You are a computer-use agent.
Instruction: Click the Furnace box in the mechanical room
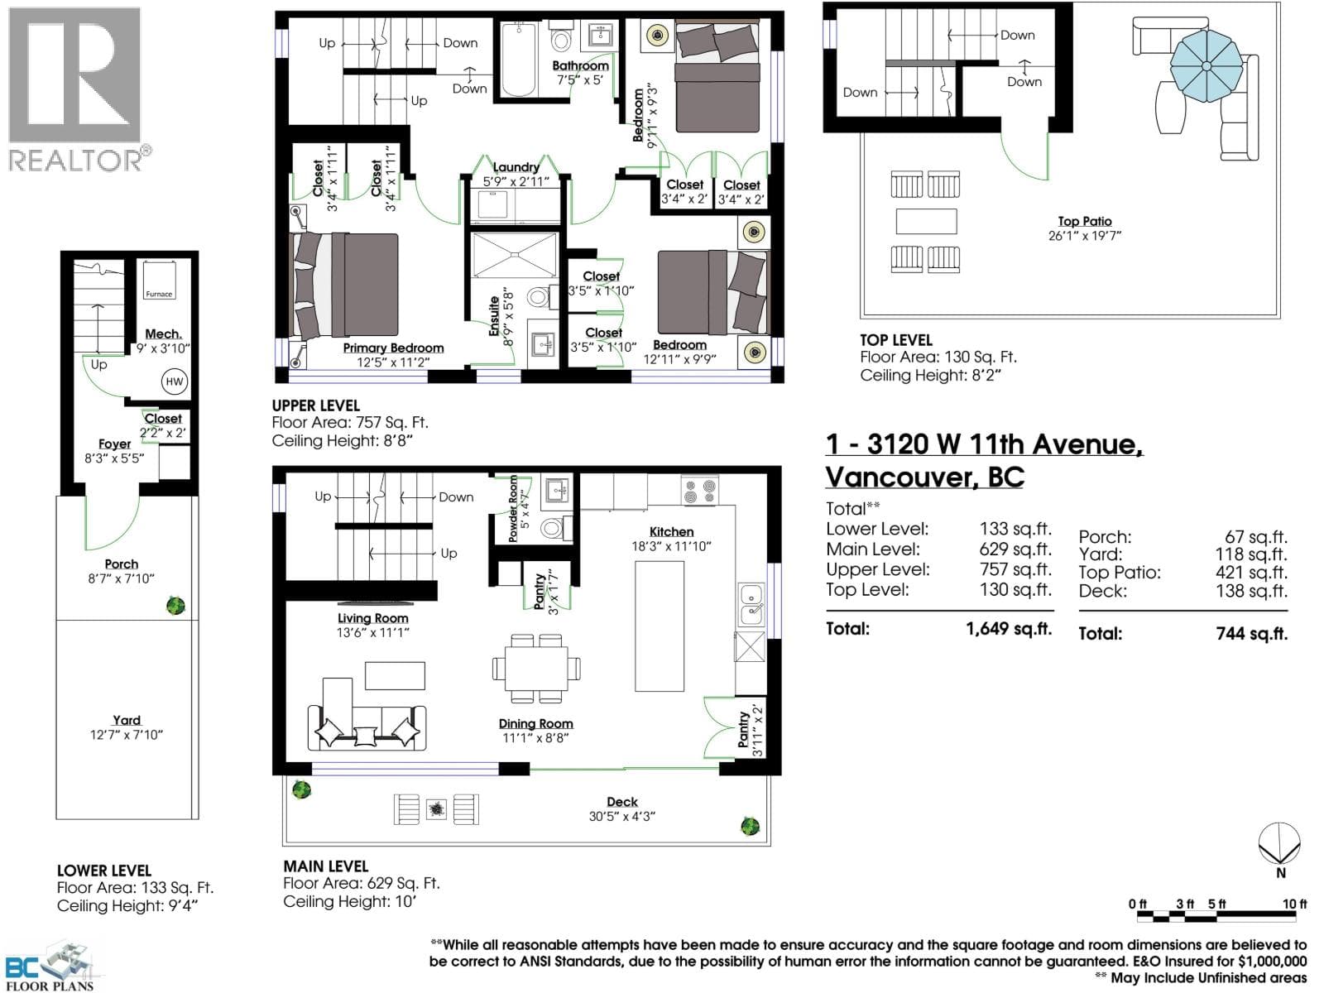click(159, 280)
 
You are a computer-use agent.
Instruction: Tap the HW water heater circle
click(175, 381)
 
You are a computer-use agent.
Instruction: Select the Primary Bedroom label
click(393, 348)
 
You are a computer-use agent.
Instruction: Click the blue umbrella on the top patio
click(1206, 66)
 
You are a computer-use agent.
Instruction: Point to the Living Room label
click(372, 618)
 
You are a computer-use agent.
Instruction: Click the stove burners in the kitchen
click(700, 491)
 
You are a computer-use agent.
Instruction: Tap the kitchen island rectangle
click(660, 626)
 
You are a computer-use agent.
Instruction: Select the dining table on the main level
click(536, 669)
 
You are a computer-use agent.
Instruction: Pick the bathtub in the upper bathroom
click(518, 59)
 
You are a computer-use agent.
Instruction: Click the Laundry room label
click(516, 167)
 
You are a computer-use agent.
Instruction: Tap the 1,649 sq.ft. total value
click(1009, 629)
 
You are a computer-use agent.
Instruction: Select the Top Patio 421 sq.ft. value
click(1251, 572)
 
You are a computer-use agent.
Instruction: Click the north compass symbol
click(1279, 843)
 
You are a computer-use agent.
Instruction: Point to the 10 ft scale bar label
click(1294, 904)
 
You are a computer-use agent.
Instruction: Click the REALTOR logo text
click(75, 161)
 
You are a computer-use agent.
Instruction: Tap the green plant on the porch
click(175, 606)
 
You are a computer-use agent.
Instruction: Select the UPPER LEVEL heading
click(315, 405)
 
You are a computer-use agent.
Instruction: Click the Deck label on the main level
click(622, 802)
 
